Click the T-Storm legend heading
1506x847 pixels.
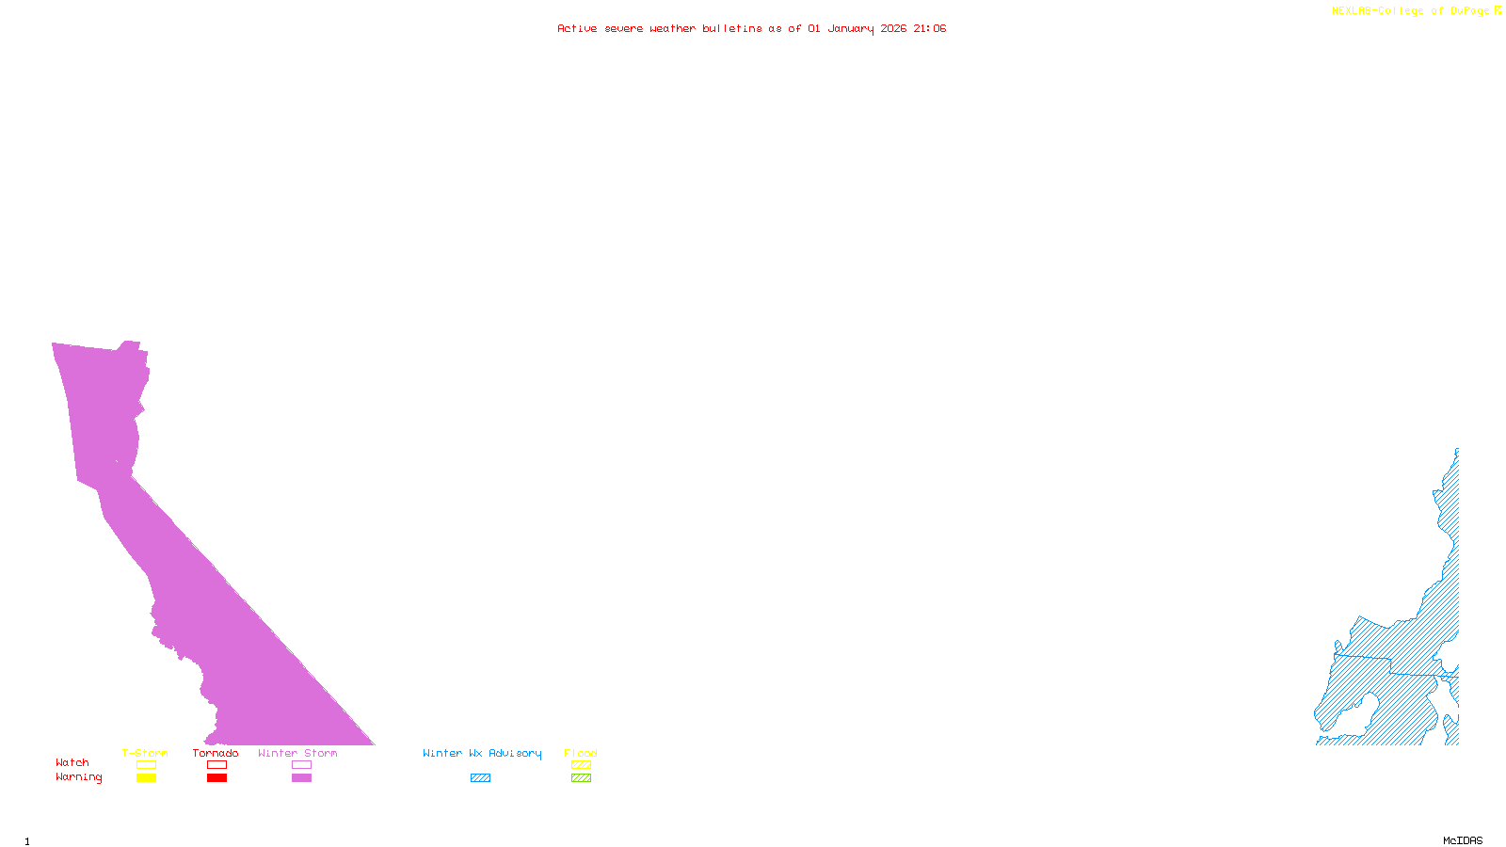pos(145,753)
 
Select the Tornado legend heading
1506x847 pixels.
pos(216,753)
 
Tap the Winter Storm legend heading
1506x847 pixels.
pos(297,753)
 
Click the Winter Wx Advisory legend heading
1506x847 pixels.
pos(482,753)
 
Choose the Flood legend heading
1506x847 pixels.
pos(581,753)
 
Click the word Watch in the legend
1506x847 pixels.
pos(72,762)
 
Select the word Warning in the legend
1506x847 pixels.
pos(79,777)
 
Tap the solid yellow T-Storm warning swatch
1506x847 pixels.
pos(146,778)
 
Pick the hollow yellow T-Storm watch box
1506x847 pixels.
pos(146,765)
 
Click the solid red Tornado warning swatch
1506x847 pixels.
pos(216,778)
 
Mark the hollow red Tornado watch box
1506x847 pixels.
pos(216,765)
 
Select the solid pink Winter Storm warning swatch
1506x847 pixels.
pos(301,778)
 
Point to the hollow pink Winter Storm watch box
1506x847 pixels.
pos(301,765)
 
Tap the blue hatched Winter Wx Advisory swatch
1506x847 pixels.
pos(480,778)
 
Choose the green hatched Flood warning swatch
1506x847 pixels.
pos(581,778)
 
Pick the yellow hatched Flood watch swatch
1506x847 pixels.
pos(581,765)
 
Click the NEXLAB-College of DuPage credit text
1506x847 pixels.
pos(1411,10)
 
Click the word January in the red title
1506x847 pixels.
pos(851,28)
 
